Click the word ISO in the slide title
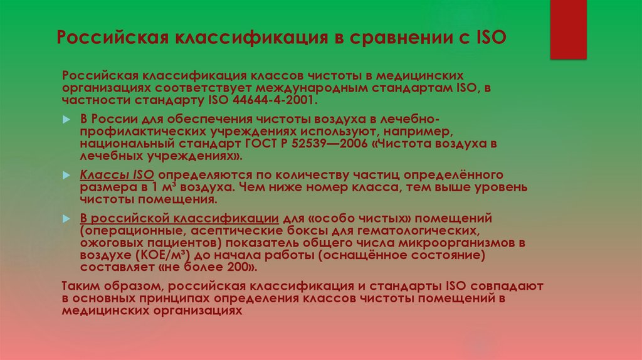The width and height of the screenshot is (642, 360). pyautogui.click(x=487, y=38)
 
